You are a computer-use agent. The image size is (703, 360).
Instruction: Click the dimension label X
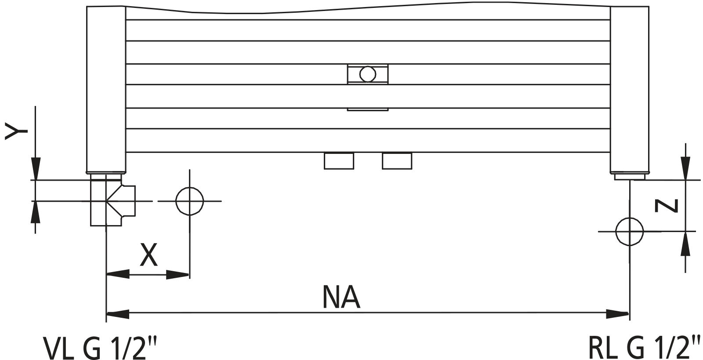click(149, 255)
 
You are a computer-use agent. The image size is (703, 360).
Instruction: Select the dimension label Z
click(666, 205)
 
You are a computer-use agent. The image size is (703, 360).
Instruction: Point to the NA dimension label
click(341, 298)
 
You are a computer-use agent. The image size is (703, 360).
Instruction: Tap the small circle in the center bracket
click(367, 73)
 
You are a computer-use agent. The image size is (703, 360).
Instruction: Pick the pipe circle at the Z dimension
click(629, 231)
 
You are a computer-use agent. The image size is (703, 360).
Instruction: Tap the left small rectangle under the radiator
click(339, 161)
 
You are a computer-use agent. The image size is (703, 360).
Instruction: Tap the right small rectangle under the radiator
click(397, 161)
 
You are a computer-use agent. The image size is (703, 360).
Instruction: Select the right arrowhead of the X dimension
click(178, 275)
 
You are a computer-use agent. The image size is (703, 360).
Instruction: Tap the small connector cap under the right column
click(629, 176)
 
